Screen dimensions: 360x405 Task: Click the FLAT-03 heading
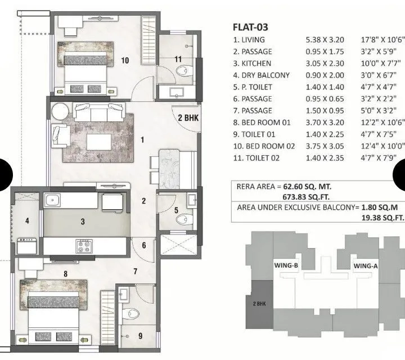click(251, 26)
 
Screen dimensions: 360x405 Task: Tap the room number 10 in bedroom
click(125, 61)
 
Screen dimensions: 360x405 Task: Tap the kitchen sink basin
click(53, 200)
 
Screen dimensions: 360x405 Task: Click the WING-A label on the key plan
click(366, 265)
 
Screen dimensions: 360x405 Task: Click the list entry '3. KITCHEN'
click(252, 64)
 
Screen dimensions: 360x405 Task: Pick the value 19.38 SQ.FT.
click(373, 217)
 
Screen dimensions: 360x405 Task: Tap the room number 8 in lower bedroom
click(66, 274)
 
